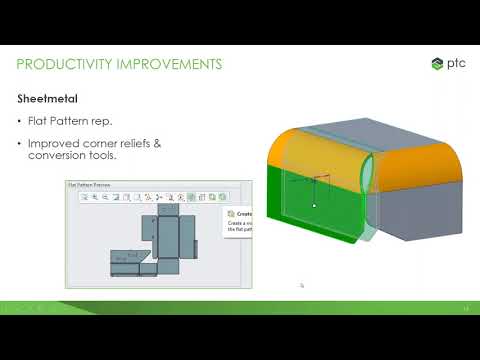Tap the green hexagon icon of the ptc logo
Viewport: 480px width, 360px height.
(x=437, y=64)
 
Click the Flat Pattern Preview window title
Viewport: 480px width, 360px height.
(x=89, y=185)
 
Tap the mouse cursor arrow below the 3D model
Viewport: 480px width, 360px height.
(x=301, y=284)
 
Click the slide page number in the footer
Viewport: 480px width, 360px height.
(x=465, y=308)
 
